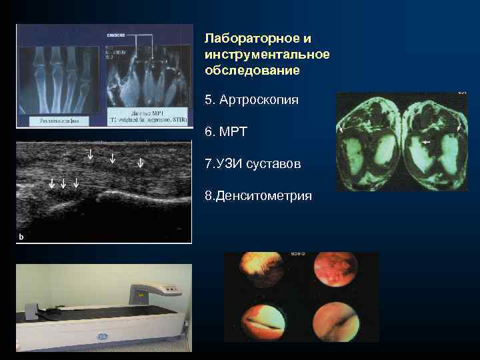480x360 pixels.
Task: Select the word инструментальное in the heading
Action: click(x=267, y=54)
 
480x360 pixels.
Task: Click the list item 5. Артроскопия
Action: click(x=251, y=100)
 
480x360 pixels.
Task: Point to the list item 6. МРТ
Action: click(x=226, y=132)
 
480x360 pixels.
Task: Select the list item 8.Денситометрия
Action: click(x=258, y=196)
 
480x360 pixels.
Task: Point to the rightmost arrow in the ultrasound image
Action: click(x=140, y=162)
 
